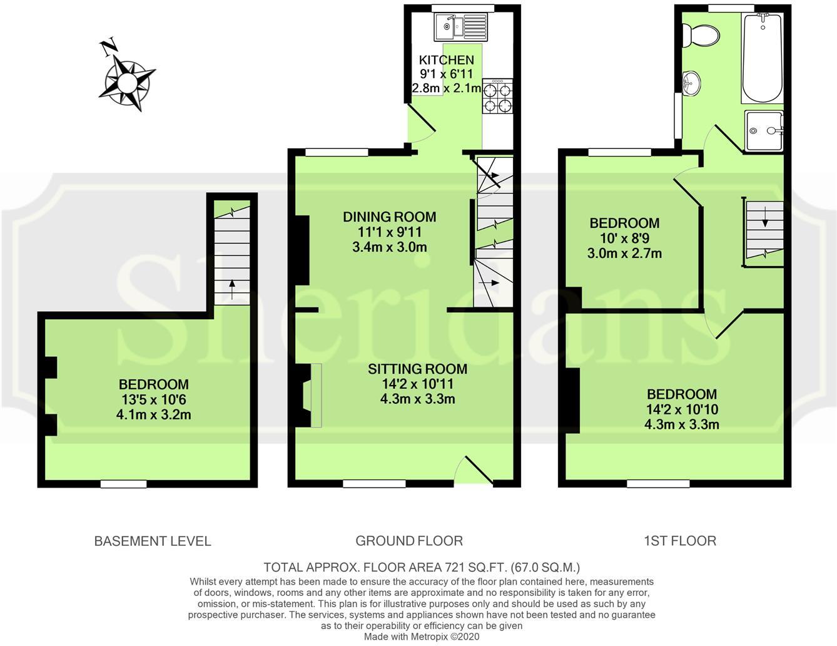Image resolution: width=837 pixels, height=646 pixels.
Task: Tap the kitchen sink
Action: click(459, 26)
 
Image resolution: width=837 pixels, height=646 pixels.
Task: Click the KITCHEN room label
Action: click(446, 60)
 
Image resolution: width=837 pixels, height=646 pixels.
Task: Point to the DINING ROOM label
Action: click(389, 217)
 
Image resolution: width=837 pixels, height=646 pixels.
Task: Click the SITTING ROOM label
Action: click(417, 369)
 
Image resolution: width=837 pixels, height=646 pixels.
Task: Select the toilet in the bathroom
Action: click(701, 35)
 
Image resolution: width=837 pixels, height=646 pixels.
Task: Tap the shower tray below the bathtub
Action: click(764, 131)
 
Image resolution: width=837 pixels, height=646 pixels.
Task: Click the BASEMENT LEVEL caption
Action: click(153, 541)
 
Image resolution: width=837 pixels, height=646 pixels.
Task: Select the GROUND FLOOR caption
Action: click(409, 541)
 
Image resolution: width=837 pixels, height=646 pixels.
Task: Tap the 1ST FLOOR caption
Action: click(680, 541)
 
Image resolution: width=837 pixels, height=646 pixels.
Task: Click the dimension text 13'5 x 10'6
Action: click(153, 399)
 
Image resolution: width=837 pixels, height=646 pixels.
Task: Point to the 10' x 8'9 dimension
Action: click(624, 238)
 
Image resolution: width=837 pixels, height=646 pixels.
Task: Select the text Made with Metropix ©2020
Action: click(422, 637)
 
